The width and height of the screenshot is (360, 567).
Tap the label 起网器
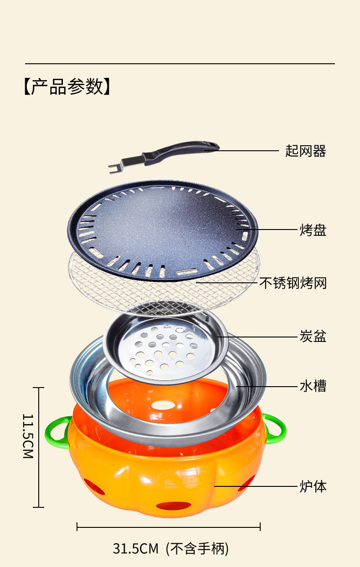click(x=306, y=151)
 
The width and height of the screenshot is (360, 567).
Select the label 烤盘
click(x=313, y=230)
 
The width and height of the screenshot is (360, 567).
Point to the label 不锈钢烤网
click(x=293, y=283)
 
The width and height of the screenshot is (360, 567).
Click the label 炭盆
click(x=313, y=337)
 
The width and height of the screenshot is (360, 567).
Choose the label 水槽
click(x=313, y=386)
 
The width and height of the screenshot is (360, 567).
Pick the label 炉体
click(x=313, y=486)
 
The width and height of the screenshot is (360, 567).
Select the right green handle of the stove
click(x=276, y=428)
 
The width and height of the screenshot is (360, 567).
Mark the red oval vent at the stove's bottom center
click(x=174, y=506)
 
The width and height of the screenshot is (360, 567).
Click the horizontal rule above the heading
click(x=180, y=64)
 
